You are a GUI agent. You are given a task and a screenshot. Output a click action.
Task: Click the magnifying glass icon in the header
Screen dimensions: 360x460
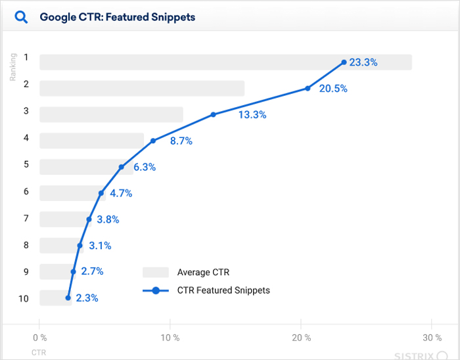pyautogui.click(x=21, y=17)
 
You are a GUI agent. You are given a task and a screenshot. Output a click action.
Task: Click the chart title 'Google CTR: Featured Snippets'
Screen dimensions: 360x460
pyautogui.click(x=118, y=17)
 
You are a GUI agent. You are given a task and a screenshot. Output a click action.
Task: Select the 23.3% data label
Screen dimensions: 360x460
pyautogui.click(x=363, y=62)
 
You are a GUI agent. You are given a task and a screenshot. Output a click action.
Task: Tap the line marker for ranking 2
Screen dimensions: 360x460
pyautogui.click(x=308, y=89)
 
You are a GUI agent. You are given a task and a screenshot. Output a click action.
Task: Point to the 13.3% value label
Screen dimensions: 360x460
pyautogui.click(x=252, y=114)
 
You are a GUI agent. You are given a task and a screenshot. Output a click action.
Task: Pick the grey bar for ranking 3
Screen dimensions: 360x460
pyautogui.click(x=111, y=114)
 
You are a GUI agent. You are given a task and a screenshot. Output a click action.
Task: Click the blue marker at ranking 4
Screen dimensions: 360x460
pyautogui.click(x=153, y=141)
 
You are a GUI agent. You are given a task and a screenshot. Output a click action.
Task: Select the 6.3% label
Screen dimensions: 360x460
pyautogui.click(x=145, y=167)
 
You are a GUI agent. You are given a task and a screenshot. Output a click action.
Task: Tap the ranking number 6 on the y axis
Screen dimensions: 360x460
pyautogui.click(x=26, y=191)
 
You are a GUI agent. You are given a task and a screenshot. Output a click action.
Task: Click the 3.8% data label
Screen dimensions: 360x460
pyautogui.click(x=108, y=219)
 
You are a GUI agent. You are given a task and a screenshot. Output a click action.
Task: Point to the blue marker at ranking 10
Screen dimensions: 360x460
pyautogui.click(x=68, y=298)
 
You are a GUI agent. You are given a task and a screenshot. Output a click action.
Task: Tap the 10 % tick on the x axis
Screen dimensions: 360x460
pyautogui.click(x=170, y=338)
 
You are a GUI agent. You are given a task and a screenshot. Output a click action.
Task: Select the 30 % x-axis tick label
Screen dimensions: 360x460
pyautogui.click(x=431, y=338)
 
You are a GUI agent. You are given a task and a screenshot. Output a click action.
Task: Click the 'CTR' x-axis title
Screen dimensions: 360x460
pyautogui.click(x=39, y=353)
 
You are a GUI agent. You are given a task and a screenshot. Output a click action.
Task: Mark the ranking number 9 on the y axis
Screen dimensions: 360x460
pyautogui.click(x=26, y=271)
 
